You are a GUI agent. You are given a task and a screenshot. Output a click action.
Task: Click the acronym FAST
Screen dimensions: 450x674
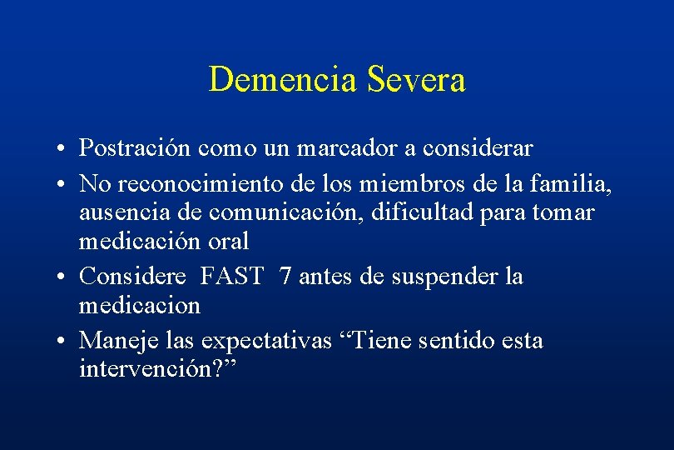point(232,275)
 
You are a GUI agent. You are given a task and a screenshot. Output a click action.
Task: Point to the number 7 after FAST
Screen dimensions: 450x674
point(286,275)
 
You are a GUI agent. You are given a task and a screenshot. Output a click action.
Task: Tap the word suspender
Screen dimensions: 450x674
point(430,276)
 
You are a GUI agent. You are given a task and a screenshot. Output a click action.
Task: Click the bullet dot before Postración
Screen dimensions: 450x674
point(63,150)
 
